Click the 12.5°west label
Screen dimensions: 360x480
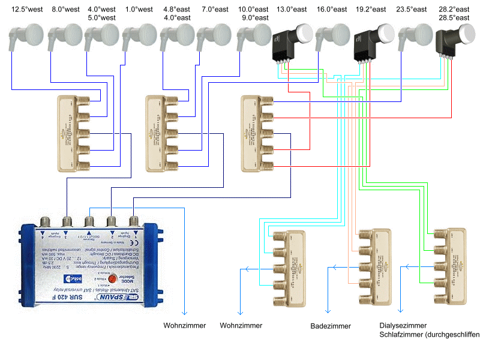[x=26, y=10]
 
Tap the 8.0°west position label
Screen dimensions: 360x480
[x=66, y=10]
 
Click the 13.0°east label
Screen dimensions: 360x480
[x=292, y=10]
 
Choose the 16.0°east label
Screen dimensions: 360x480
[x=332, y=10]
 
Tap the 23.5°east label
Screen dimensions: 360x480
[x=412, y=10]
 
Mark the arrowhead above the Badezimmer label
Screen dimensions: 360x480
[x=328, y=310]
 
